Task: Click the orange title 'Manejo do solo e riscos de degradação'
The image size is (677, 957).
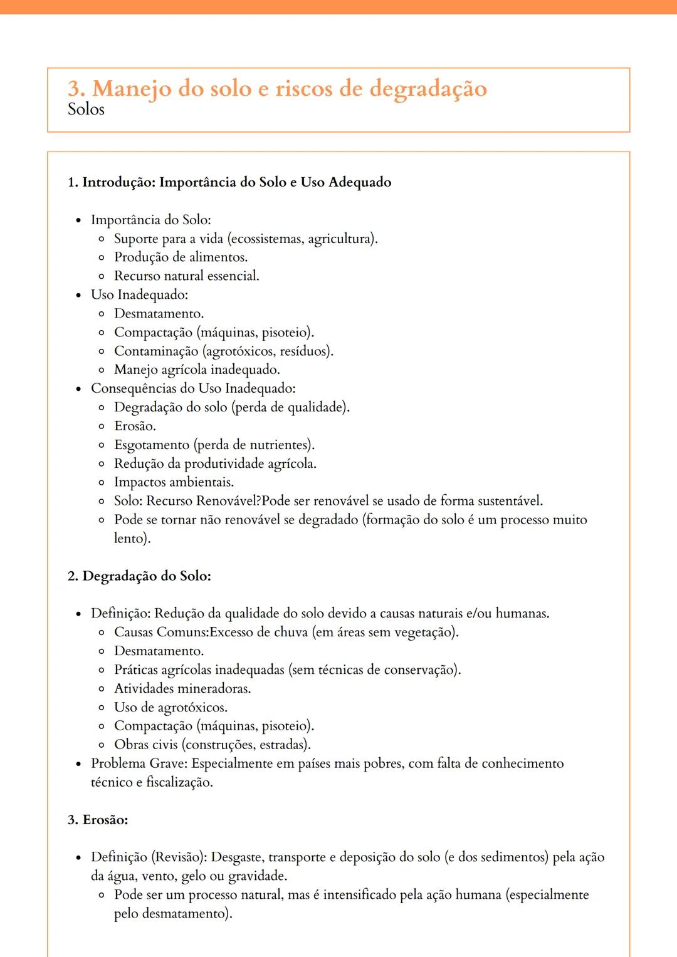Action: coord(289,89)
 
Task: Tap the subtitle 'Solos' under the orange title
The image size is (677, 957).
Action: coord(86,110)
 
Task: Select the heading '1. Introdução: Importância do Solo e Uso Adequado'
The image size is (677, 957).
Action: coord(229,182)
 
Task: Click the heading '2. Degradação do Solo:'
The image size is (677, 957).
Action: coord(139,576)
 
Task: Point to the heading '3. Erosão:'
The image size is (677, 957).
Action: coord(98,820)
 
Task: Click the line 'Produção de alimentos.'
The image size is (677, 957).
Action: coord(181,257)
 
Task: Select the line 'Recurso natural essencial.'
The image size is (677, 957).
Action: coord(186,276)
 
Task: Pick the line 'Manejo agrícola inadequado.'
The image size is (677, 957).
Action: coord(197,370)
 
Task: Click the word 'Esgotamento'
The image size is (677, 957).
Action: coord(152,445)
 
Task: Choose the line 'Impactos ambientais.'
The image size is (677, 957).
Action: coord(174,482)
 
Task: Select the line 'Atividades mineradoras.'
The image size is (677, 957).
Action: coord(182,689)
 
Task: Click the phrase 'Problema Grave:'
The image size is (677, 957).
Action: coord(139,763)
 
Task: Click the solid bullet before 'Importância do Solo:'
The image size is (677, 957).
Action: coord(78,220)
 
